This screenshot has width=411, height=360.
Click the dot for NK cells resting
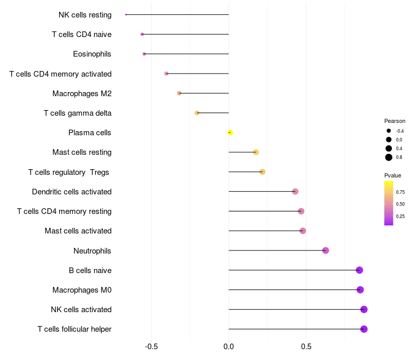click(126, 14)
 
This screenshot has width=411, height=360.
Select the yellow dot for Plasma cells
click(230, 133)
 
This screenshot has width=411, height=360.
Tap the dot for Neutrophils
click(325, 250)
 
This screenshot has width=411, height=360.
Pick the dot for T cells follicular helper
click(364, 329)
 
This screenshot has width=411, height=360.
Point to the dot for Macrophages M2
click(179, 93)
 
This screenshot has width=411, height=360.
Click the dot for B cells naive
click(359, 270)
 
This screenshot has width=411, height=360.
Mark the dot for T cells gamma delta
click(197, 113)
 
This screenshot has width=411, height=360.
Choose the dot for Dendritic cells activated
click(295, 191)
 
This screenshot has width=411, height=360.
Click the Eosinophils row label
click(92, 54)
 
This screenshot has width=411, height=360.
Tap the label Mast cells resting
click(82, 152)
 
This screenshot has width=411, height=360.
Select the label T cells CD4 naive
click(82, 34)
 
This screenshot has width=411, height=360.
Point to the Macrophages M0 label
click(82, 290)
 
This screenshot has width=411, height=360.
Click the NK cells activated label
click(81, 310)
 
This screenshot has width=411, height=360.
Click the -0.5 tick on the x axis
click(151, 347)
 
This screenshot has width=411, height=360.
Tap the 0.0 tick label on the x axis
click(229, 347)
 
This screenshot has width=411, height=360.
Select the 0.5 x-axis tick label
click(306, 347)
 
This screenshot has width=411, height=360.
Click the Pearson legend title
click(395, 121)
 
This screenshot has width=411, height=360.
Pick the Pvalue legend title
click(393, 175)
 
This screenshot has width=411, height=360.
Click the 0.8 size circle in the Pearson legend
click(389, 157)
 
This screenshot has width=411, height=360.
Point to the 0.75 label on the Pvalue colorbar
click(400, 192)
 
